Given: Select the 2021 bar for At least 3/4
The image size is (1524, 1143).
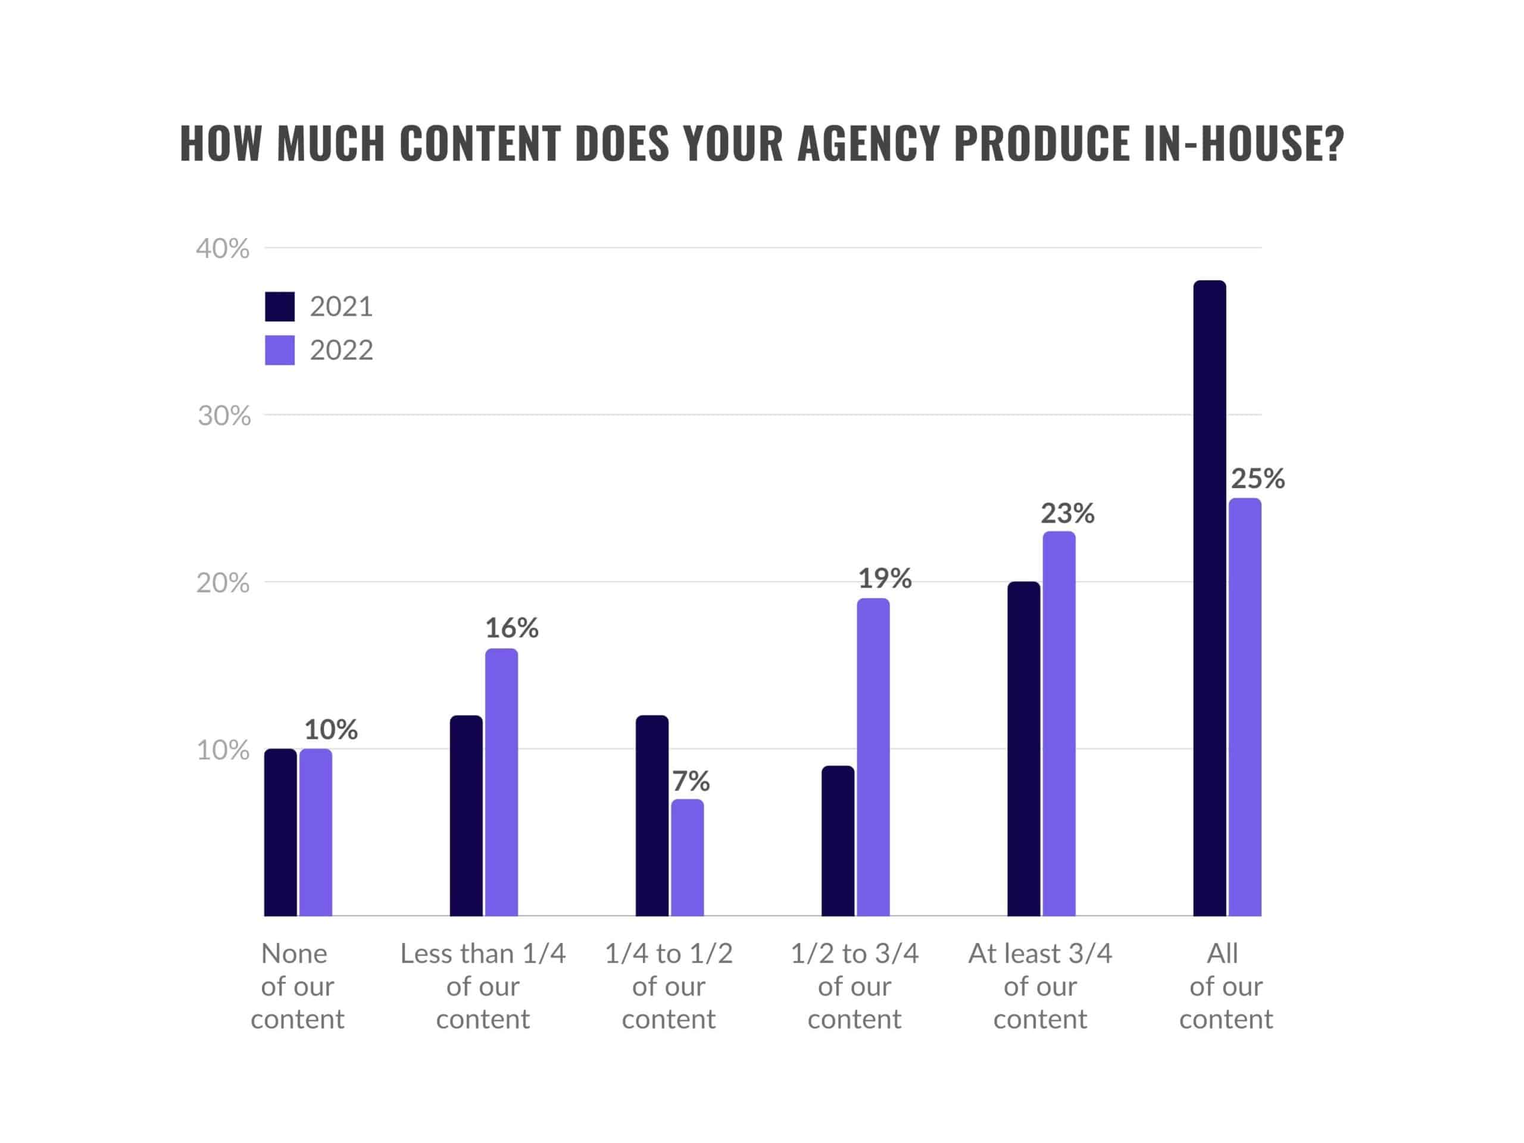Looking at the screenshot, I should pyautogui.click(x=1023, y=749).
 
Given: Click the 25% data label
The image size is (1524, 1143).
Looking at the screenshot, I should pyautogui.click(x=1257, y=478).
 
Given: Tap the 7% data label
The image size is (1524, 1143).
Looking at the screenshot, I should pyautogui.click(x=691, y=781).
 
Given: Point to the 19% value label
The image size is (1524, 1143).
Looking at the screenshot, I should pyautogui.click(x=884, y=578).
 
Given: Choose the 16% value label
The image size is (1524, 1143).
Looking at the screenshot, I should pyautogui.click(x=511, y=627).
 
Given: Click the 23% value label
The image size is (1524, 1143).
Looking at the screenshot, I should pyautogui.click(x=1067, y=513).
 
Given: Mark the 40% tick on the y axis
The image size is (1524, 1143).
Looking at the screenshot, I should pyautogui.click(x=223, y=249).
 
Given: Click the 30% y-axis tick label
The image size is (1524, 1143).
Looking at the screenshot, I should pyautogui.click(x=224, y=416).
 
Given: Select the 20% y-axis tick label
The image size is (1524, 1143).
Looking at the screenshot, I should pyautogui.click(x=223, y=583).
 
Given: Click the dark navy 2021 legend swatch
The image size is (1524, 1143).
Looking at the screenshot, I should pyautogui.click(x=280, y=307).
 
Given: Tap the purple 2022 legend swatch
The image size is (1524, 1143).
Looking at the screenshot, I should pyautogui.click(x=280, y=350).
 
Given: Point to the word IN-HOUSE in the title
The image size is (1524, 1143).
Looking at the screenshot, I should pyautogui.click(x=1243, y=144).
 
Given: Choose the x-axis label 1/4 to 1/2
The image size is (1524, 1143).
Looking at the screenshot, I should pyautogui.click(x=669, y=954).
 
